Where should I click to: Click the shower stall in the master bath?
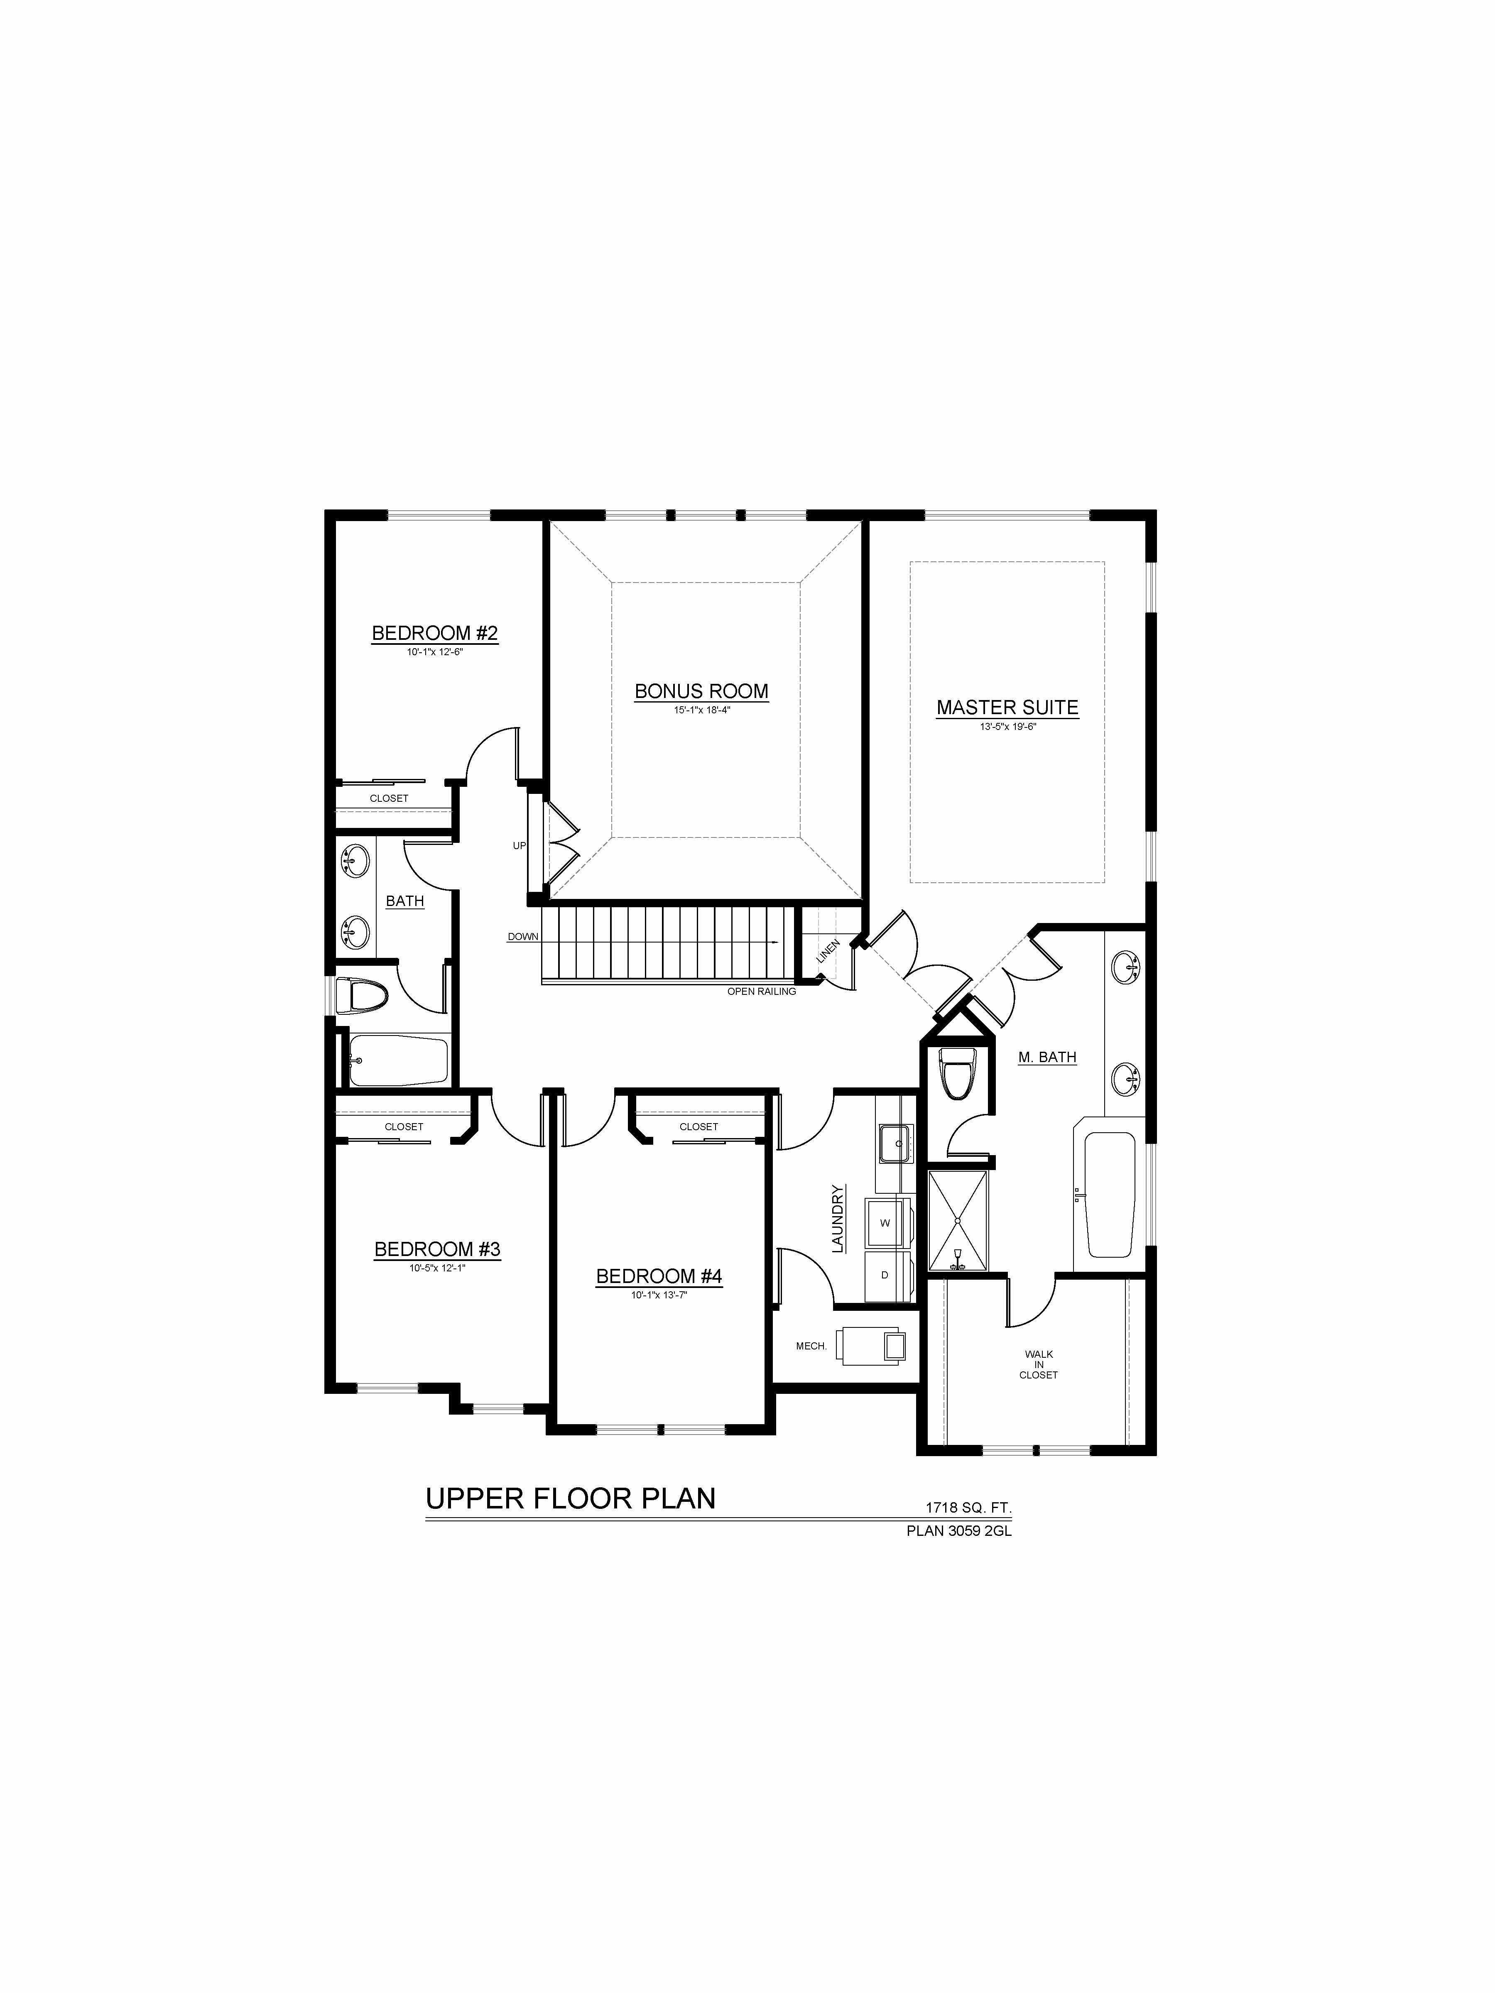(x=957, y=1221)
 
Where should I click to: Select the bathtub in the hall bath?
(x=398, y=1060)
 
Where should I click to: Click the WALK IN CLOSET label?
(x=1038, y=1364)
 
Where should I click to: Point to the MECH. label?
(x=811, y=1346)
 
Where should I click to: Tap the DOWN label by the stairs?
(x=523, y=936)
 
